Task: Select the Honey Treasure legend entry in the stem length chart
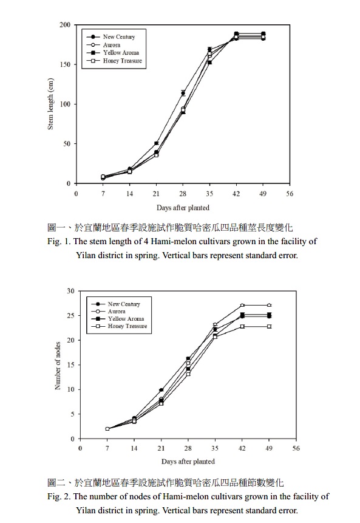point(114,61)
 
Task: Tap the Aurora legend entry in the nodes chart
point(108,311)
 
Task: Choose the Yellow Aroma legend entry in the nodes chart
point(118,318)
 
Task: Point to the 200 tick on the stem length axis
point(66,25)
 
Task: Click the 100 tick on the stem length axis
point(66,104)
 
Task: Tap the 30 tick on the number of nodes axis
point(70,291)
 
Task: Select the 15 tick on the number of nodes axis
point(70,365)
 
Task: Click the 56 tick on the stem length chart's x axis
point(290,194)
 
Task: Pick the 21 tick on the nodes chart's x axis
point(161,448)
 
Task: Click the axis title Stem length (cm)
point(50,104)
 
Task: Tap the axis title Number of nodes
point(58,366)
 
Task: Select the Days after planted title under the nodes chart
point(188,461)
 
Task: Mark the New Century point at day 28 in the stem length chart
point(183,93)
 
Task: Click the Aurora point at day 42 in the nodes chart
point(242,305)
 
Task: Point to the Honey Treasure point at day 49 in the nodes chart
point(270,327)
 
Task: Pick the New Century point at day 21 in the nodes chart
point(161,390)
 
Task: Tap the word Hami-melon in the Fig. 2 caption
point(183,496)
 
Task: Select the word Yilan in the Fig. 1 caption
point(86,255)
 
